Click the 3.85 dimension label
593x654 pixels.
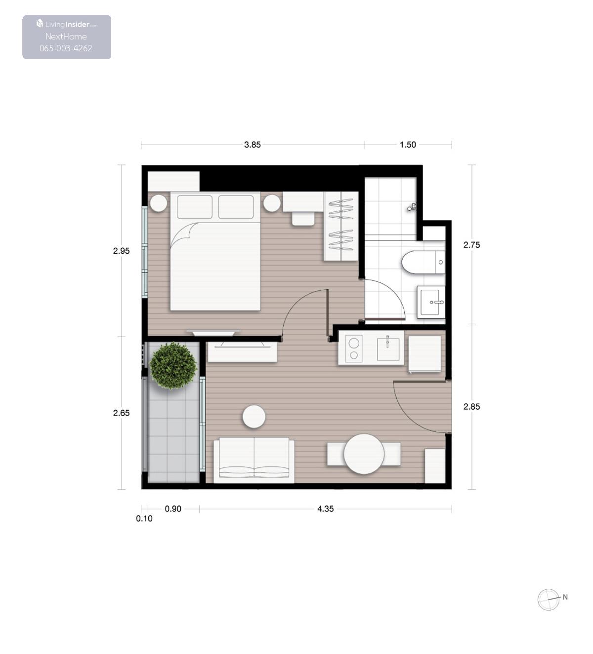[x=253, y=145]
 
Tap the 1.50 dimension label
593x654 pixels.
[x=408, y=145]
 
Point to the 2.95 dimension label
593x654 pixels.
[x=121, y=251]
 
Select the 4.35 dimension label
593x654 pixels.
[x=326, y=509]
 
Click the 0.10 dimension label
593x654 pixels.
[x=144, y=519]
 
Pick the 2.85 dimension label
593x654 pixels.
[x=471, y=407]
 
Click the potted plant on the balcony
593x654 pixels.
[x=173, y=365]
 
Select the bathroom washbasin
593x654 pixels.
[x=431, y=302]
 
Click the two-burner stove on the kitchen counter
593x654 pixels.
[x=354, y=348]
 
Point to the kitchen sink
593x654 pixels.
[x=388, y=349]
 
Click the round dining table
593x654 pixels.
[x=364, y=454]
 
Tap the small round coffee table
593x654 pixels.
[x=254, y=417]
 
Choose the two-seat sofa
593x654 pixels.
[x=254, y=460]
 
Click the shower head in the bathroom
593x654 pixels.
[x=412, y=207]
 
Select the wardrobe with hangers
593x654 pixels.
[x=341, y=226]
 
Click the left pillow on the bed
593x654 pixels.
[x=195, y=207]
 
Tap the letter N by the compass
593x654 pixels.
[x=565, y=597]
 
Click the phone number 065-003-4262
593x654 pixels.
[x=66, y=48]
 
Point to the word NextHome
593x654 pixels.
[x=66, y=37]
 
